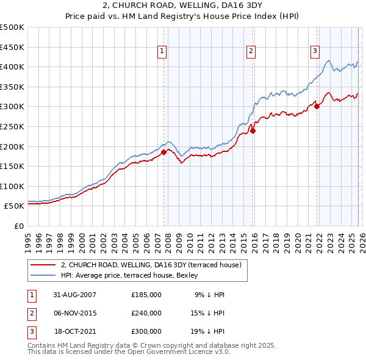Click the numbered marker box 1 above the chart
(162, 52)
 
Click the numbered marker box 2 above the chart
(251, 52)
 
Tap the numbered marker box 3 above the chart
(315, 52)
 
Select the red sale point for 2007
(164, 152)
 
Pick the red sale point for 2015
(253, 130)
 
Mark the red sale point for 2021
(317, 106)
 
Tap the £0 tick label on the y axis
(19, 226)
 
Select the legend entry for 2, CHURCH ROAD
(151, 265)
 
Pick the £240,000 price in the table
(146, 313)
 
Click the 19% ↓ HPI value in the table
(208, 331)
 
